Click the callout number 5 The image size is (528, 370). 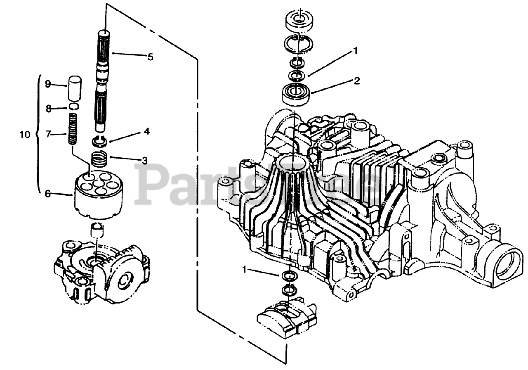(150, 57)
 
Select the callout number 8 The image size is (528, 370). (48, 109)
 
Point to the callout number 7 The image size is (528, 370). (48, 133)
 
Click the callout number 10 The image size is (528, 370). (25, 135)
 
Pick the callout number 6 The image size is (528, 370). (48, 193)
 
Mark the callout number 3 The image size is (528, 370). (144, 160)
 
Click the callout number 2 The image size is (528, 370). (356, 81)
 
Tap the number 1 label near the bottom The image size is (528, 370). (245, 270)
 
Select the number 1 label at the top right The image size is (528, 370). (354, 51)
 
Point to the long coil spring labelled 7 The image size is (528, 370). (73, 128)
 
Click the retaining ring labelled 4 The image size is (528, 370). (99, 141)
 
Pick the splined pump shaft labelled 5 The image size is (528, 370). (102, 78)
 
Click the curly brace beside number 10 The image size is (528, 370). (38, 134)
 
